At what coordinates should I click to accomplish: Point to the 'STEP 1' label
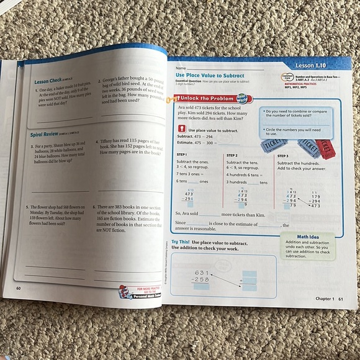pyautogui.click(x=182, y=156)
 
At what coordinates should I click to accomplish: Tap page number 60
pyautogui.click(x=19, y=288)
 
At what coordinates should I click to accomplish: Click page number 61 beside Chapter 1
pyautogui.click(x=340, y=299)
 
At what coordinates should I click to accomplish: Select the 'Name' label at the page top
pyautogui.click(x=181, y=67)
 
